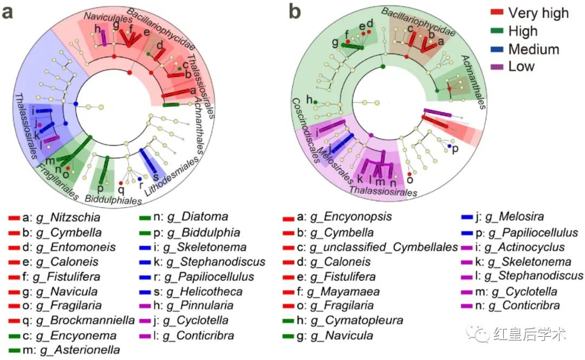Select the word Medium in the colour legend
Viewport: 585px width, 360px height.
click(534, 49)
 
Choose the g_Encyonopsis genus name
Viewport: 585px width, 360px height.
click(350, 218)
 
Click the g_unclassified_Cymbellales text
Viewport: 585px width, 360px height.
click(384, 247)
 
